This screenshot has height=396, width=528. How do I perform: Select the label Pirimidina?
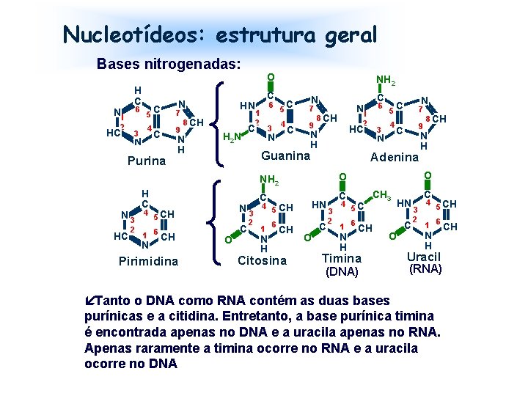pyautogui.click(x=148, y=261)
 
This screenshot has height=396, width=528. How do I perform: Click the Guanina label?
pyautogui.click(x=286, y=155)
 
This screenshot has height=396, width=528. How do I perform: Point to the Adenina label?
pyautogui.click(x=395, y=157)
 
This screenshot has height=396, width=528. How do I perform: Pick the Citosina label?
pyautogui.click(x=263, y=260)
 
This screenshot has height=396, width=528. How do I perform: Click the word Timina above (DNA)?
pyautogui.click(x=342, y=258)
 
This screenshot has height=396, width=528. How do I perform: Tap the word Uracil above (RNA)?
pyautogui.click(x=424, y=257)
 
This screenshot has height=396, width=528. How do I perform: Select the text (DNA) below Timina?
pyautogui.click(x=342, y=271)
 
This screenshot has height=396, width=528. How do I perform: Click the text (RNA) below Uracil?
pyautogui.click(x=426, y=269)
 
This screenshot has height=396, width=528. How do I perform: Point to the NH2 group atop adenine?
pyautogui.click(x=384, y=78)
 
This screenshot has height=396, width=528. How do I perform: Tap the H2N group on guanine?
pyautogui.click(x=231, y=136)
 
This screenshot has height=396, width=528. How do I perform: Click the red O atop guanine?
pyautogui.click(x=271, y=78)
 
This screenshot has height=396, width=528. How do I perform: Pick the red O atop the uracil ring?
pyautogui.click(x=428, y=175)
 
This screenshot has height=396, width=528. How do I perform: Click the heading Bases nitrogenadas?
pyautogui.click(x=169, y=64)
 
